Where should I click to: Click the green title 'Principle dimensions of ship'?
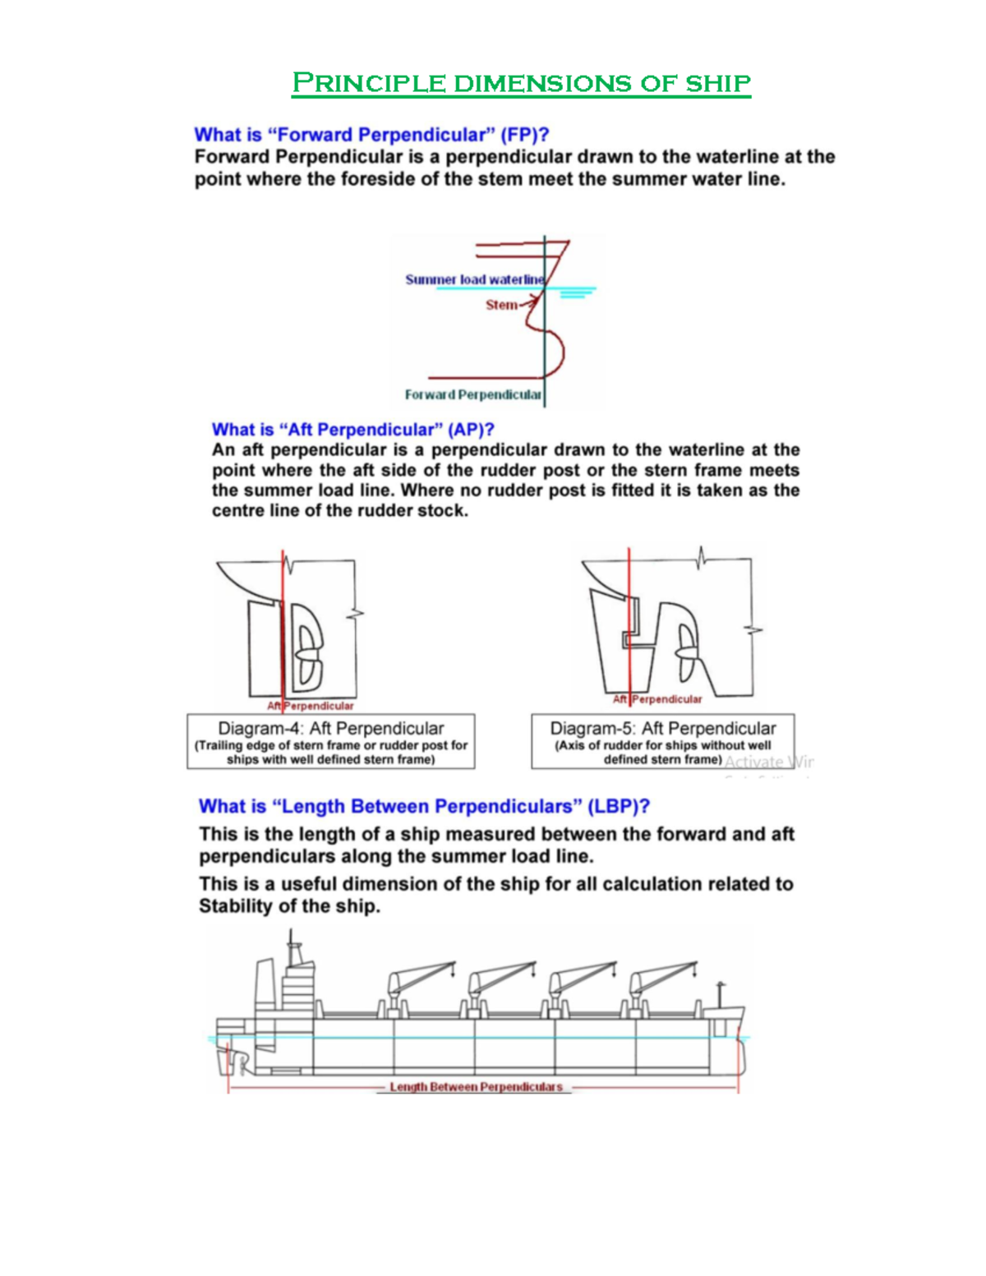(521, 83)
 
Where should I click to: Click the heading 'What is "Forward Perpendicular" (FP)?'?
(371, 135)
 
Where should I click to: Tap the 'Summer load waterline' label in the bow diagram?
(474, 279)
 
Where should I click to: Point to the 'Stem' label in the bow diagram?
(500, 305)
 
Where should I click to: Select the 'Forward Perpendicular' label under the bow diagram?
(472, 394)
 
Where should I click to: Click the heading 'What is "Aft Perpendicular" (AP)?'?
(352, 430)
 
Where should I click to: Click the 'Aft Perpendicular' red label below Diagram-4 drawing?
(310, 706)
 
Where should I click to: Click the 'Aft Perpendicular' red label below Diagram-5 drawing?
(657, 699)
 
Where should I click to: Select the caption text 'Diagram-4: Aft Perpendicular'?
(330, 728)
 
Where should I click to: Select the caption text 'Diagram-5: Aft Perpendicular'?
(662, 728)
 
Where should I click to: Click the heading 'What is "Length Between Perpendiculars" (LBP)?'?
(424, 806)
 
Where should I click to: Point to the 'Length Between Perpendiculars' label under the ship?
(476, 1087)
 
